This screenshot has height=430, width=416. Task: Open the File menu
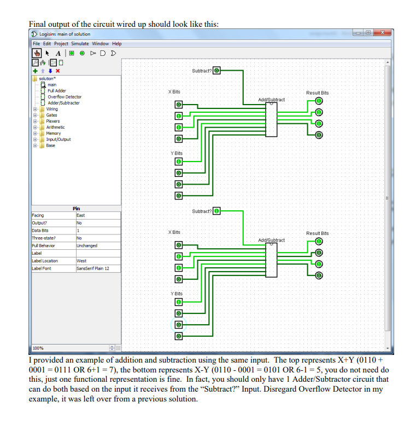coord(36,44)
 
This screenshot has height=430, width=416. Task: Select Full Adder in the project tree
coord(57,91)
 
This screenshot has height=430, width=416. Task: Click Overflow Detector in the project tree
coord(65,97)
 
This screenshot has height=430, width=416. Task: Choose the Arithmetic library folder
coord(55,127)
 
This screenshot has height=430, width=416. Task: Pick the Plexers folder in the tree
coord(53,121)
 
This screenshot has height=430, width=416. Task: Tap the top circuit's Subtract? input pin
coord(216,71)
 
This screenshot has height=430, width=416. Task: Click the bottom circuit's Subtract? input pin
coord(216,211)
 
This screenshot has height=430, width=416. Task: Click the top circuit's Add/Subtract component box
coord(271,117)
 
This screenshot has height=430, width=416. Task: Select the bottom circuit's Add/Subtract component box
coord(271,256)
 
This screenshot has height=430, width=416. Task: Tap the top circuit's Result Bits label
coord(317,93)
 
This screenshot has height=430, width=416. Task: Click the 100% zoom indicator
coord(38,348)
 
